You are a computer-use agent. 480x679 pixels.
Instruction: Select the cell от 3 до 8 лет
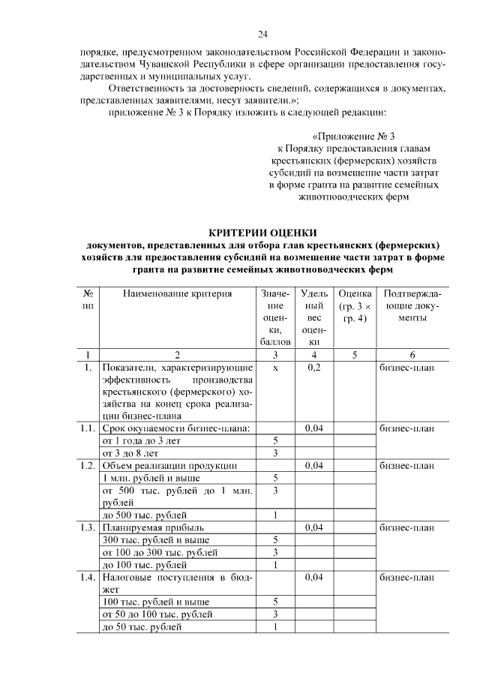click(130, 452)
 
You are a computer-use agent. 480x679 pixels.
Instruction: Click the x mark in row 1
click(275, 368)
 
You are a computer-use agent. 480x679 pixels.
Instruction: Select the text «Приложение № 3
click(353, 136)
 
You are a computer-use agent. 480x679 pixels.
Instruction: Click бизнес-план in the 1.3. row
click(407, 527)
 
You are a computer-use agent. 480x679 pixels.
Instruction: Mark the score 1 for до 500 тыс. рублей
click(275, 515)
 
